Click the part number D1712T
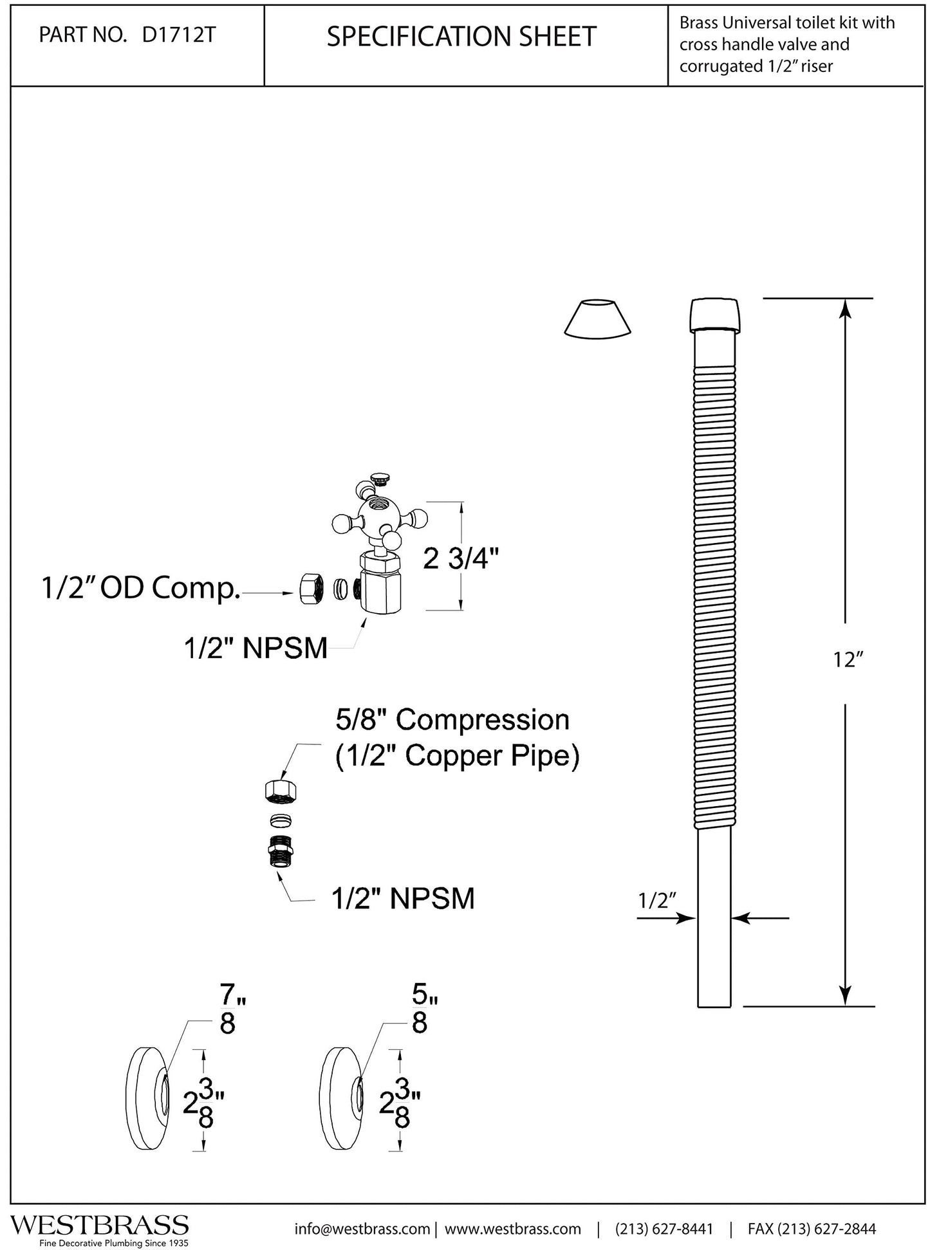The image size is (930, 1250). tap(178, 35)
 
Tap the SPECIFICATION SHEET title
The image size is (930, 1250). tap(461, 37)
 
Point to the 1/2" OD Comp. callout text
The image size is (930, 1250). tap(140, 588)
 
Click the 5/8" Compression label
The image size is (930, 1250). tap(452, 720)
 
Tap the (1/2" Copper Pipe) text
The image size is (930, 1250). tap(458, 756)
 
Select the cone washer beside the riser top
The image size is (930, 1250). tap(597, 317)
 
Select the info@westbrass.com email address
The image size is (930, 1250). tap(362, 1229)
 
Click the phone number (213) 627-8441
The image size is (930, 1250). tap(664, 1229)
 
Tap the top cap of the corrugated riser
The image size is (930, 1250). tap(715, 315)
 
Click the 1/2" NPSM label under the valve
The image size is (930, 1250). tap(256, 648)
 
